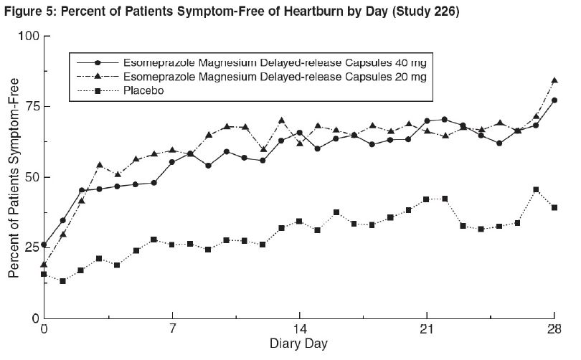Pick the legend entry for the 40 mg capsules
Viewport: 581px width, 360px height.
(276, 62)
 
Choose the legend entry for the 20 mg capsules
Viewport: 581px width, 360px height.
(276, 76)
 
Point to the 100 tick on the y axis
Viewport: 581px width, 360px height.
(27, 36)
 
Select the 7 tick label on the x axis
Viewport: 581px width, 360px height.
(172, 332)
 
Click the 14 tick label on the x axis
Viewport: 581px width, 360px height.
(299, 332)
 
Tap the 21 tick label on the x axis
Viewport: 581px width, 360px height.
(426, 332)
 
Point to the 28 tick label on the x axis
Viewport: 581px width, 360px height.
(553, 332)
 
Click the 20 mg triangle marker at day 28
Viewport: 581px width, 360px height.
(554, 80)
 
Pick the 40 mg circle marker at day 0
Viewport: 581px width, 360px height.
(44, 245)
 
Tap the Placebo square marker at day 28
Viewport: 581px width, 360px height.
(554, 207)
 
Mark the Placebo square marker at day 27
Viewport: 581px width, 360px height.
(536, 190)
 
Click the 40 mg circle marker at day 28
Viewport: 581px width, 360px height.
(554, 100)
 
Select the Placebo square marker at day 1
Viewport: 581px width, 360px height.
(62, 281)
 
